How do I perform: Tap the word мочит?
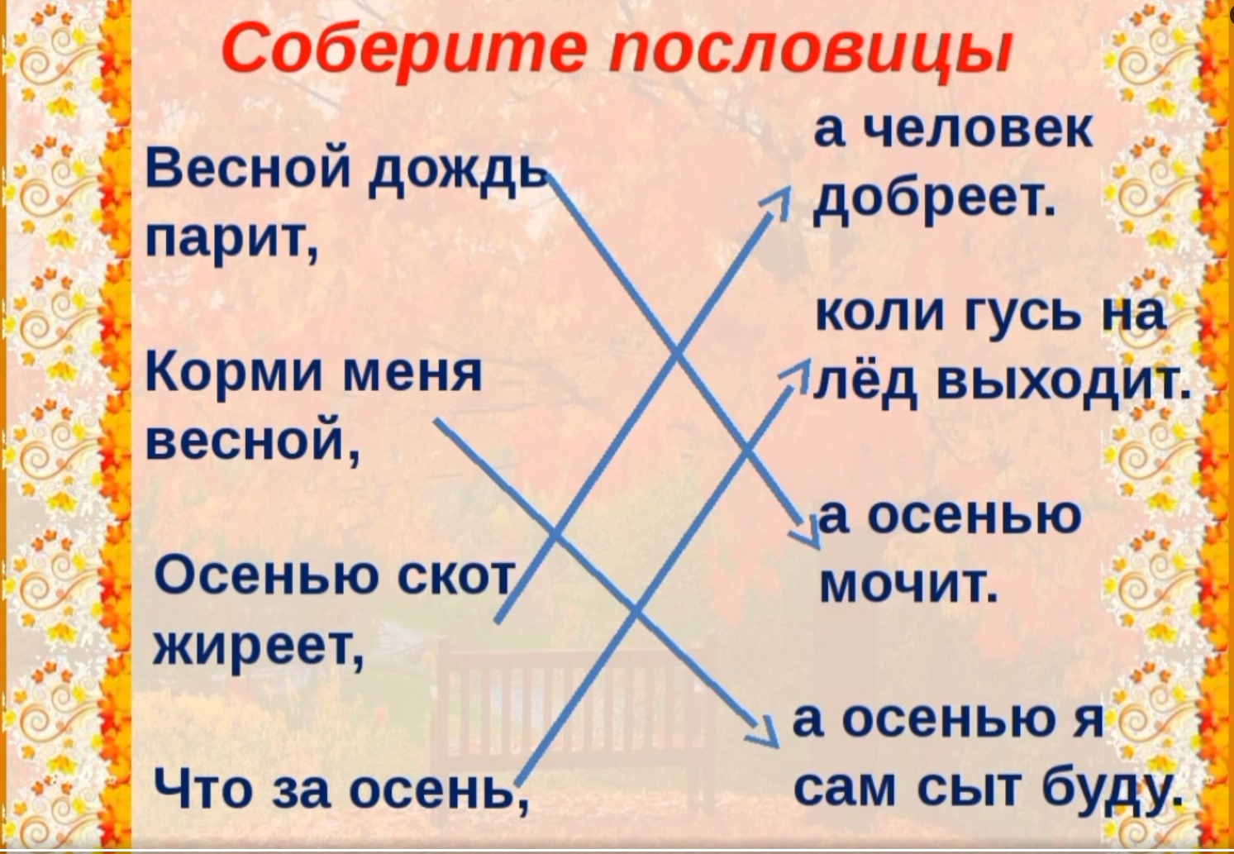click(x=907, y=584)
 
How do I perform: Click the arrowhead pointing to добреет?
click(x=778, y=201)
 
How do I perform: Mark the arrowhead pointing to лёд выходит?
click(x=797, y=375)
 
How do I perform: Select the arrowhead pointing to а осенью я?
click(x=765, y=733)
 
